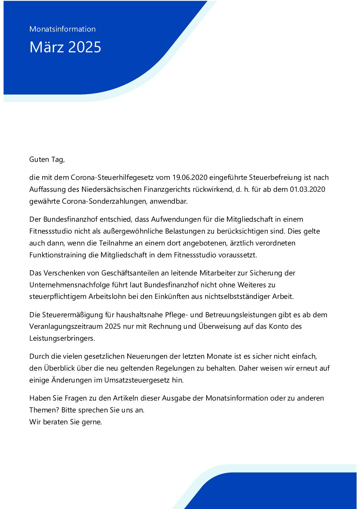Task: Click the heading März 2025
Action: (65, 47)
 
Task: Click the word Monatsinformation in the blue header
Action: (63, 29)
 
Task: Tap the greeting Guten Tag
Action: (47, 159)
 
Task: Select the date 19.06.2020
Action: (190, 177)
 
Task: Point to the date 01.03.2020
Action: (307, 189)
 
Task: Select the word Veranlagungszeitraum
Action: (66, 326)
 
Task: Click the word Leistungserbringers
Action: (62, 338)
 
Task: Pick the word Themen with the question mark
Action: (44, 410)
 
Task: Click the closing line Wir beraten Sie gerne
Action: (65, 422)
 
